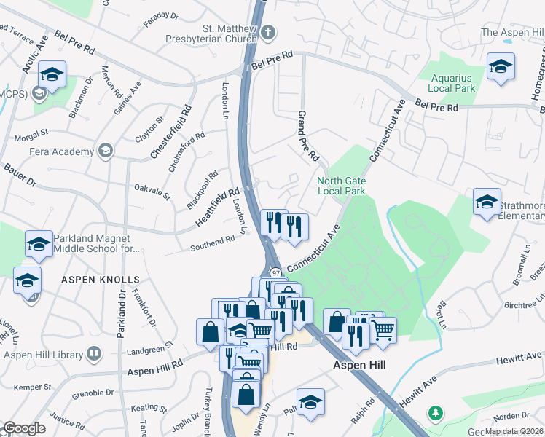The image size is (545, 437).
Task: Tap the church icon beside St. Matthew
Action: [268, 31]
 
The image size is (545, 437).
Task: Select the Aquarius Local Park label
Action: [452, 83]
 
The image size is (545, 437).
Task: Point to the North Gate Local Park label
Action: [341, 186]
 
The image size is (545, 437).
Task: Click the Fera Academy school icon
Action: [106, 151]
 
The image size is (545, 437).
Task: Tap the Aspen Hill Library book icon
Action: [94, 354]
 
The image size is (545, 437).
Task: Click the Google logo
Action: [23, 428]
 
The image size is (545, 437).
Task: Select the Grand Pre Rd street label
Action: [308, 136]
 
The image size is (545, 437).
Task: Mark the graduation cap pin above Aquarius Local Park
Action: [501, 67]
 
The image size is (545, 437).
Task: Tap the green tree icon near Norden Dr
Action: [436, 413]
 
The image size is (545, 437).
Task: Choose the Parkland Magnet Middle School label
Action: [95, 244]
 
